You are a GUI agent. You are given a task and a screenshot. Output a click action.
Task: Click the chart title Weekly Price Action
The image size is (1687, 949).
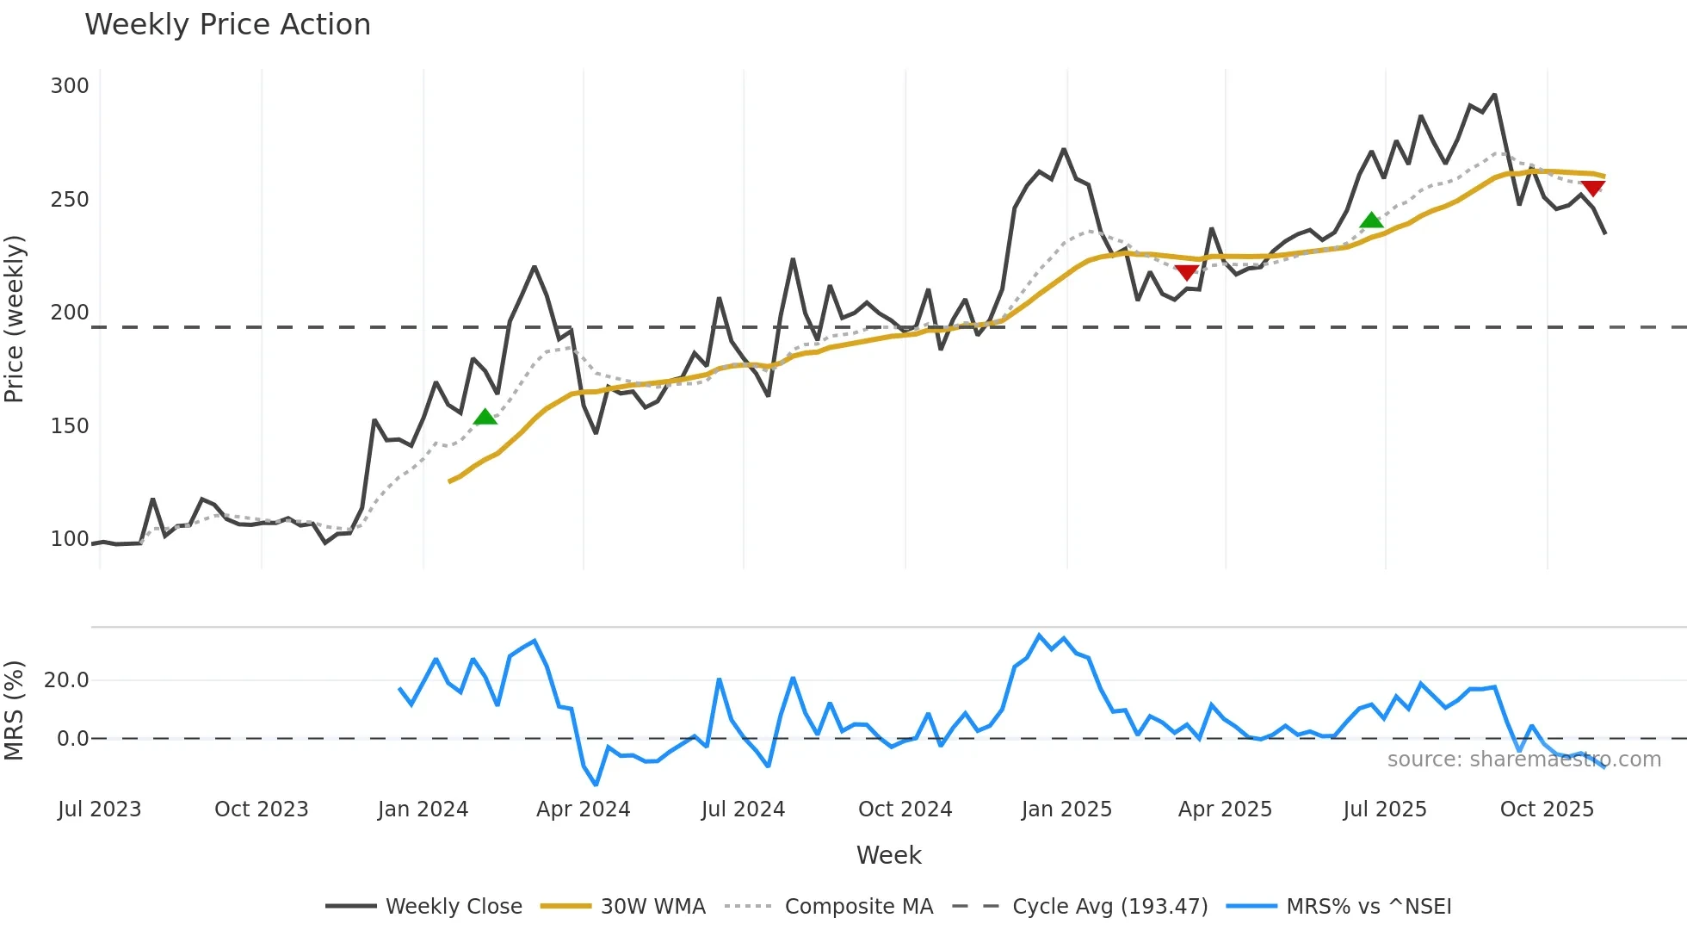[x=227, y=24]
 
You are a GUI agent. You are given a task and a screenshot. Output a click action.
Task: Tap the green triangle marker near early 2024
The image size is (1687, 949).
[x=485, y=418]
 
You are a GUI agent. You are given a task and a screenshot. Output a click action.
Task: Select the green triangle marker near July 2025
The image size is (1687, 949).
[x=1371, y=220]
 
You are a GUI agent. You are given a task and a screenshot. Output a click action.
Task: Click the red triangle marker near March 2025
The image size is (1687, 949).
[x=1187, y=272]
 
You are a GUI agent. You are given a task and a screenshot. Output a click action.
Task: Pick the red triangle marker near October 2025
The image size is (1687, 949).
[x=1592, y=188]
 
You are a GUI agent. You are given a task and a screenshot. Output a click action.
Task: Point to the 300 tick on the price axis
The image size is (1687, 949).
[x=70, y=86]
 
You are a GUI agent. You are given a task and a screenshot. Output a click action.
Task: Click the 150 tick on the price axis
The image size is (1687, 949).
[x=70, y=426]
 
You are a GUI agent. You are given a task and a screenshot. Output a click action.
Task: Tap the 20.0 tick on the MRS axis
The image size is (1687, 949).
[x=66, y=680]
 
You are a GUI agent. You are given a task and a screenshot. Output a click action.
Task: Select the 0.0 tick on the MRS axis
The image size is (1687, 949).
[x=72, y=739]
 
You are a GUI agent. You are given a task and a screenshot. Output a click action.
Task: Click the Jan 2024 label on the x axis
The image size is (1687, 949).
[x=423, y=809]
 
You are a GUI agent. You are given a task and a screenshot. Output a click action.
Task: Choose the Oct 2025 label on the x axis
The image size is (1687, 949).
[x=1547, y=809]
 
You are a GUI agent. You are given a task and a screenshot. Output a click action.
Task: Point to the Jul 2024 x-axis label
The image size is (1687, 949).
[x=743, y=809]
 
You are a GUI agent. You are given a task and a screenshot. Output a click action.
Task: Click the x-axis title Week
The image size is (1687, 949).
[x=888, y=855]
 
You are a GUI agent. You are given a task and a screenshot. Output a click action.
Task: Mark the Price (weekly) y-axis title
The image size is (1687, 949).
[x=15, y=319]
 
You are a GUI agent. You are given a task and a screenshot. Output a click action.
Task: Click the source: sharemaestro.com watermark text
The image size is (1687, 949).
[x=1523, y=760]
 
